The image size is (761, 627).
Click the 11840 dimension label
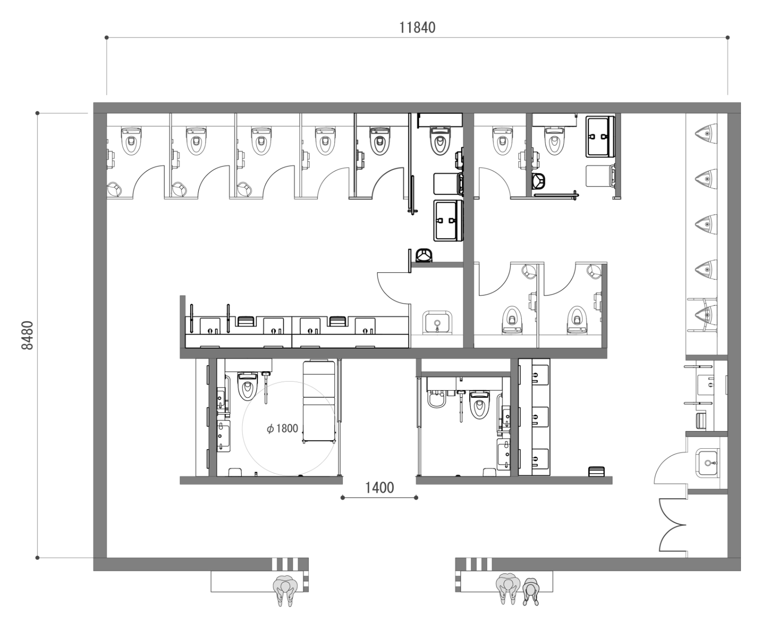coord(418,28)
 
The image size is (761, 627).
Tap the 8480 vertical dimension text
coord(28,335)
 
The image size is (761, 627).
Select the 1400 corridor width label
coord(379,488)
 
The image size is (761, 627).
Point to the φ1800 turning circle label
coord(282,428)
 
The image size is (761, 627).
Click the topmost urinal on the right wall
coord(706,134)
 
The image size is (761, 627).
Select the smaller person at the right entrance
coord(531,591)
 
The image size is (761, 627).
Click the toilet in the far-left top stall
coord(131,141)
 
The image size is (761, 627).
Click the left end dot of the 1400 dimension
coord(342,498)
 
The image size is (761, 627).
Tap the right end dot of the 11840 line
coord(727,38)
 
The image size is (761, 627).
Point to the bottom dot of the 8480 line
coord(37,558)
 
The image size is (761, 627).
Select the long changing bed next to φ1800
coord(319,401)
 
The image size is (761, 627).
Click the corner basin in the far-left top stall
coord(114,189)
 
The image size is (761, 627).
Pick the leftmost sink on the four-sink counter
coord(210,326)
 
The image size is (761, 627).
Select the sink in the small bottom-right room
coord(707,463)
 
